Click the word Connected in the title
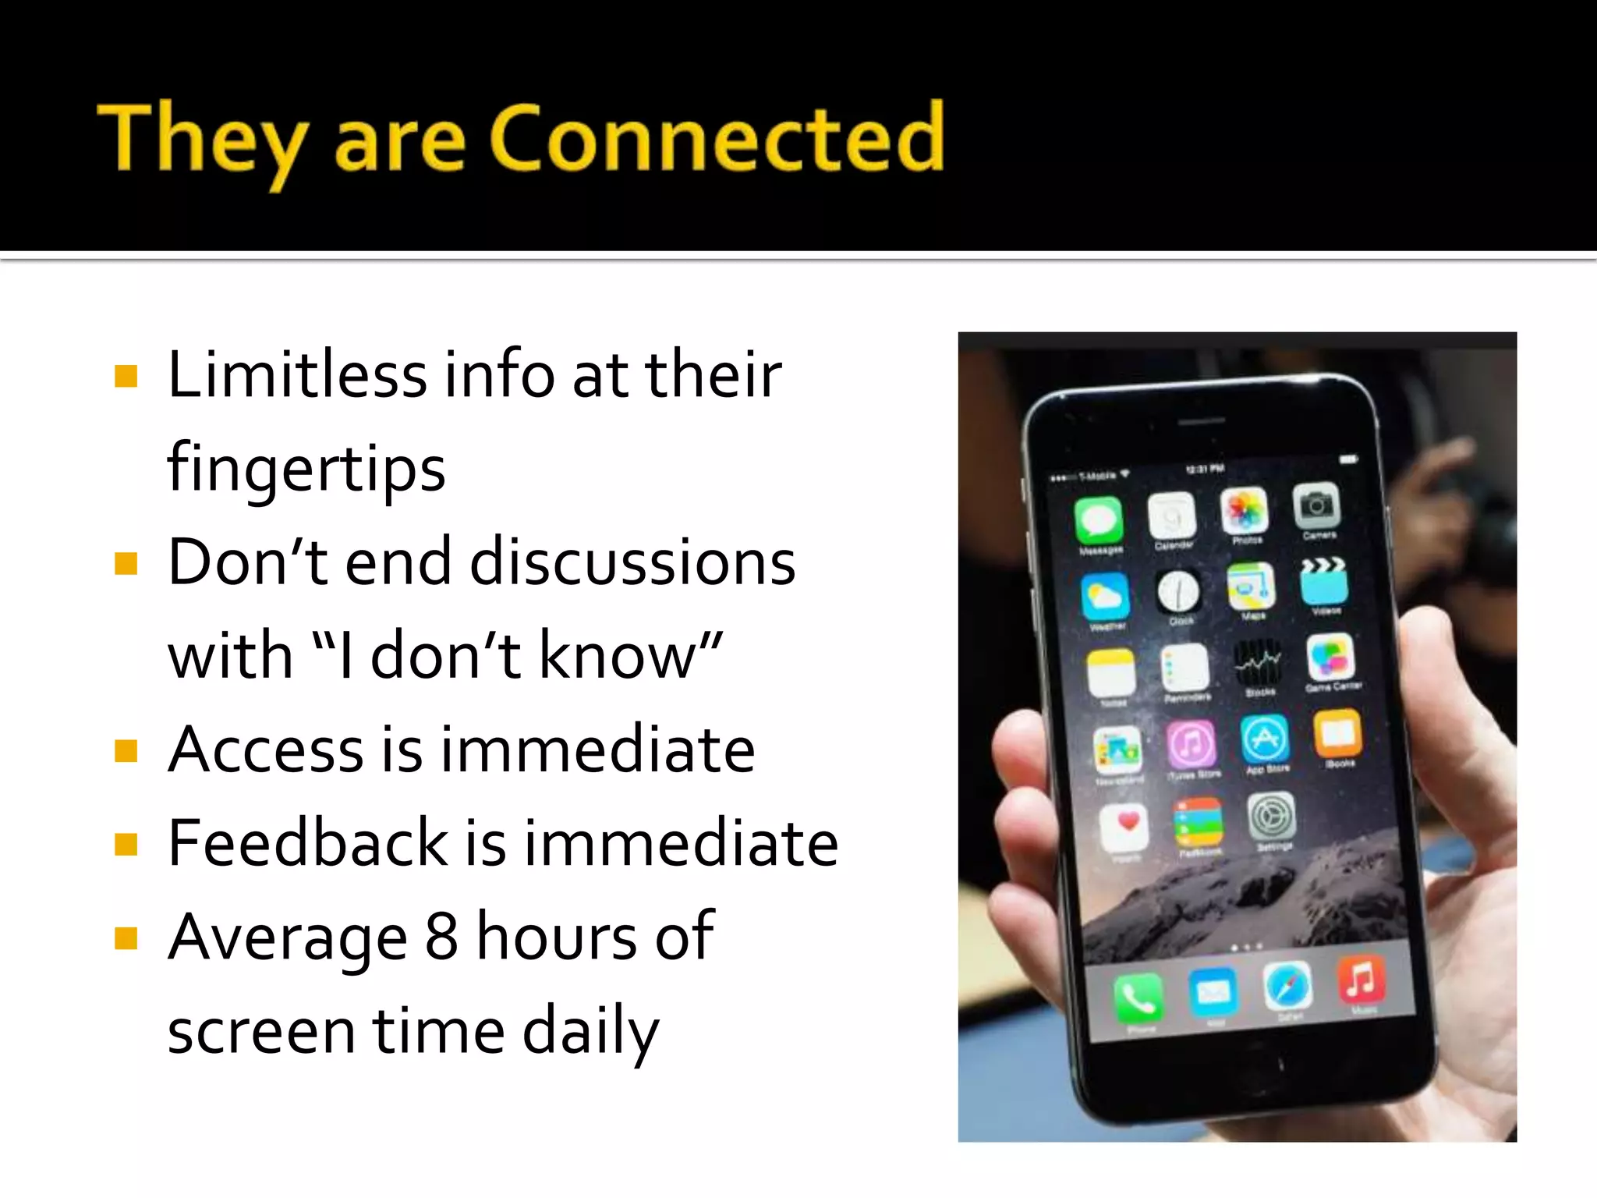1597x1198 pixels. (x=717, y=138)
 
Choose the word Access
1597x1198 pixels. (x=266, y=750)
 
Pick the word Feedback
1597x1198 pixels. (x=308, y=843)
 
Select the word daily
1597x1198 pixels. (x=590, y=1031)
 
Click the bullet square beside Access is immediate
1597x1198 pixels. (x=126, y=750)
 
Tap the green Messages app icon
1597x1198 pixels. (x=1099, y=520)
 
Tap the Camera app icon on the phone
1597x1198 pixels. (x=1317, y=505)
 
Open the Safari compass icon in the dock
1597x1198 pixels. (x=1287, y=986)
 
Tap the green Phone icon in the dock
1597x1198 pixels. (x=1138, y=997)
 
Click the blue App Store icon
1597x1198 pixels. (x=1264, y=738)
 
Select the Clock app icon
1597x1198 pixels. (x=1177, y=592)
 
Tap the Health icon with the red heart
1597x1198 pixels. (x=1124, y=826)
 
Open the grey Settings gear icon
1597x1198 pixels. (x=1272, y=817)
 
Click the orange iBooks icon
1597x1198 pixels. (x=1338, y=733)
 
